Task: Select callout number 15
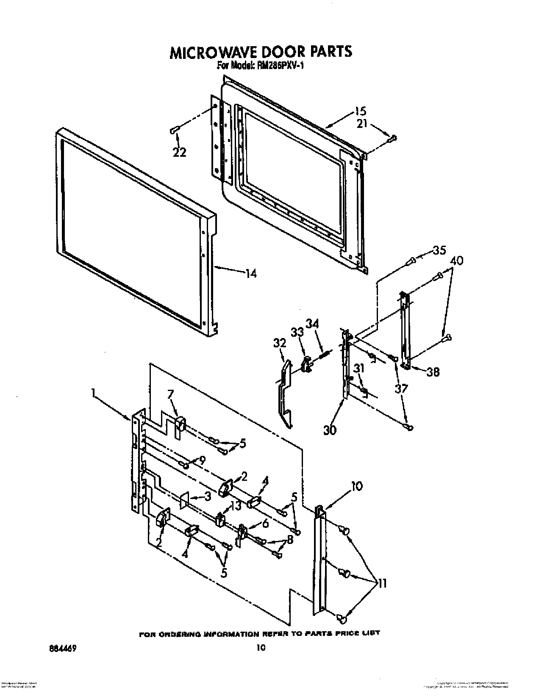click(x=360, y=112)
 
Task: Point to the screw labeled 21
click(x=393, y=138)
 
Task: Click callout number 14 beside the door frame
click(x=251, y=274)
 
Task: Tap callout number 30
click(x=330, y=430)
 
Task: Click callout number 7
click(x=170, y=395)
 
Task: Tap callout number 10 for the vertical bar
click(x=357, y=487)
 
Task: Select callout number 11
click(x=382, y=584)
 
